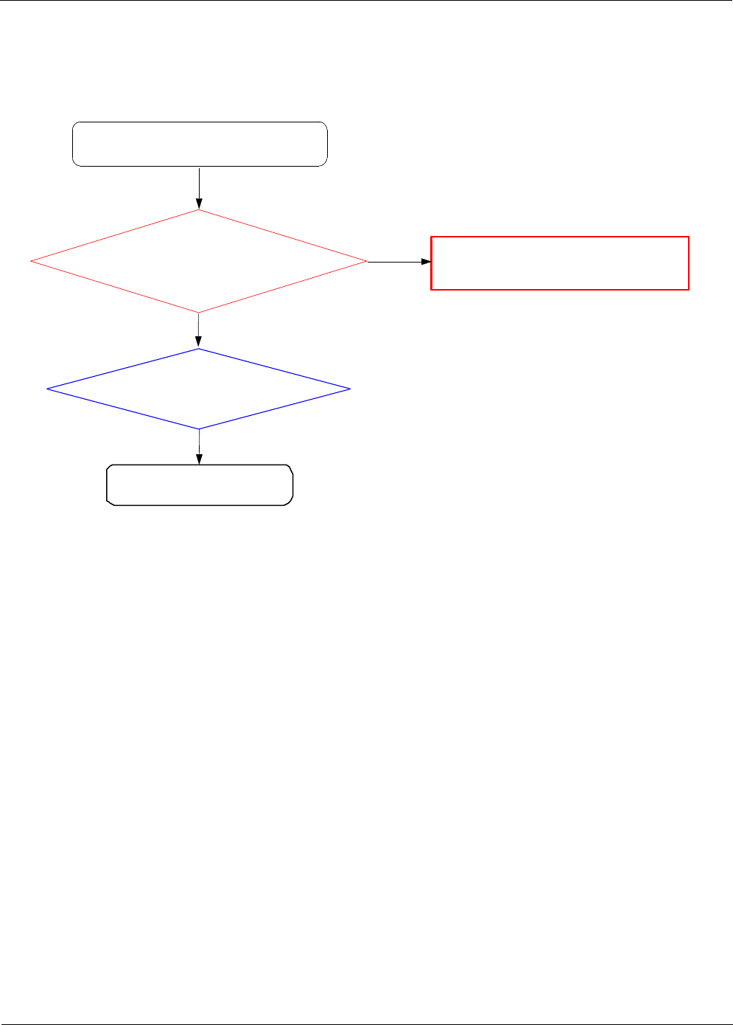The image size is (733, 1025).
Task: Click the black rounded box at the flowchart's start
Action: coord(200,144)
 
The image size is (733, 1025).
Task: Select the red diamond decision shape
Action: coord(199,261)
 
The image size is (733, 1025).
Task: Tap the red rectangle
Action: coord(560,263)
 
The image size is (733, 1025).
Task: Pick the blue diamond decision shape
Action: coord(199,389)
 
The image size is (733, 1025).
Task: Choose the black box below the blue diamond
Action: coord(200,484)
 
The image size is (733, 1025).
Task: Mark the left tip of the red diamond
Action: coord(32,261)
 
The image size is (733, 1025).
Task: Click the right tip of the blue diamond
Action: coord(349,389)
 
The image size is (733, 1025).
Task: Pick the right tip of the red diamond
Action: coord(366,261)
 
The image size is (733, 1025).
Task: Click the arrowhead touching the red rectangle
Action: coord(426,262)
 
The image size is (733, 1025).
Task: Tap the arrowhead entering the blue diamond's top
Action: coord(199,343)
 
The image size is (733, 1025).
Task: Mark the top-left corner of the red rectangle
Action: coord(432,237)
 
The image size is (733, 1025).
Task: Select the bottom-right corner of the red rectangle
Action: coord(688,289)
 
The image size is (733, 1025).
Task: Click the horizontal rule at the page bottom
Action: coord(366,1024)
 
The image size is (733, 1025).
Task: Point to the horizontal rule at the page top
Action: coord(366,1)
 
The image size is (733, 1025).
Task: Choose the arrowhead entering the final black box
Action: coord(199,459)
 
